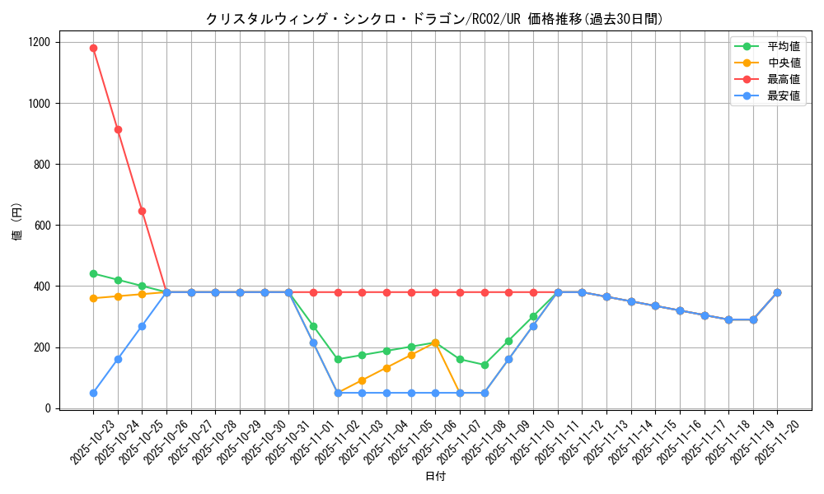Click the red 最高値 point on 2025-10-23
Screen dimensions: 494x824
pyautogui.click(x=93, y=48)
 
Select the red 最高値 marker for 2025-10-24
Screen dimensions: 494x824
pyautogui.click(x=118, y=129)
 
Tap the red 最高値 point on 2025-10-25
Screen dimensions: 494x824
pyautogui.click(x=142, y=211)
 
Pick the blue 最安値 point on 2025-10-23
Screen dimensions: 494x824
pyautogui.click(x=93, y=393)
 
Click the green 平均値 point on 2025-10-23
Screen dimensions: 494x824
pyautogui.click(x=93, y=273)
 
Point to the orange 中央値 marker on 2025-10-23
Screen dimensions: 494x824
pyautogui.click(x=93, y=298)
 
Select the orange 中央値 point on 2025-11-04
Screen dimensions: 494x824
pyautogui.click(x=386, y=368)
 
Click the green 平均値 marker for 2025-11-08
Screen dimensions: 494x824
pyautogui.click(x=485, y=365)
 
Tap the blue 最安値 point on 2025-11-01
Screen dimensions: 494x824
pyautogui.click(x=313, y=343)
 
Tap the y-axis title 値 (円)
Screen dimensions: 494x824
pyautogui.click(x=17, y=222)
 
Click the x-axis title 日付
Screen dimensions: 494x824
pyautogui.click(x=435, y=477)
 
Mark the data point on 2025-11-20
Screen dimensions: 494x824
pyautogui.click(x=777, y=292)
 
